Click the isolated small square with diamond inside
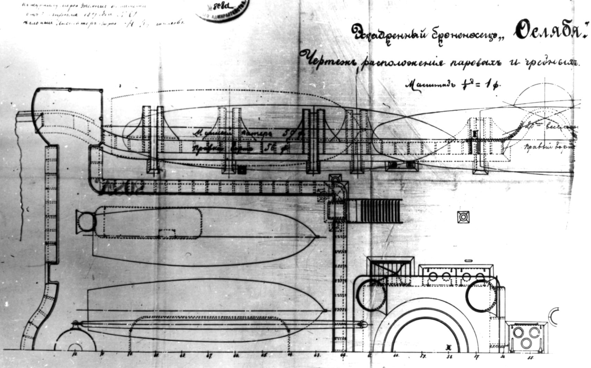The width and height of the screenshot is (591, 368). tap(464, 217)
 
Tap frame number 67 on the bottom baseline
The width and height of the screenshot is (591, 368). tap(209, 355)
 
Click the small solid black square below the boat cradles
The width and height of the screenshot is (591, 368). tap(242, 169)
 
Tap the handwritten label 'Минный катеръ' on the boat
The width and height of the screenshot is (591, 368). tap(221, 133)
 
